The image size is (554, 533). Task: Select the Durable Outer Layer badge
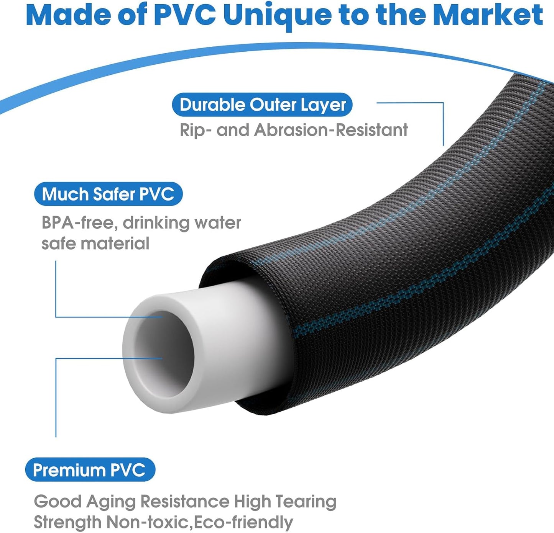pos(262,105)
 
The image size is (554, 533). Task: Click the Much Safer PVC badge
pos(108,194)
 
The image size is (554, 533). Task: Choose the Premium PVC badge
pos(90,469)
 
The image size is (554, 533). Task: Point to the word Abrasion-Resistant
pos(331,130)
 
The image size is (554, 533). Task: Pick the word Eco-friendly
pos(243,522)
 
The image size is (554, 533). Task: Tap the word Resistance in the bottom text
pos(185,502)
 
